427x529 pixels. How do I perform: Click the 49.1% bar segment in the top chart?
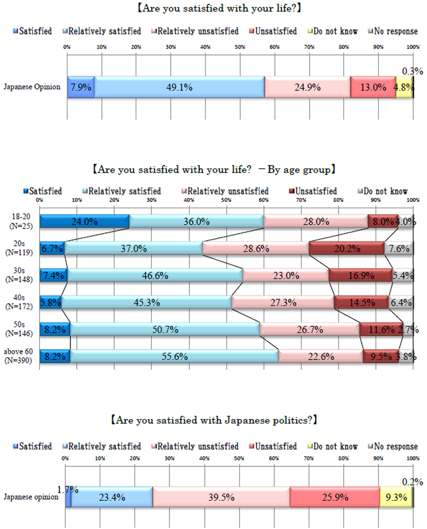179,87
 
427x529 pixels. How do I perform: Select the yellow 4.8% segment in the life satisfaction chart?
404,87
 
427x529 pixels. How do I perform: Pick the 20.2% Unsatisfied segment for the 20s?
346,248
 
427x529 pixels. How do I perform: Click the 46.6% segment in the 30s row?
155,276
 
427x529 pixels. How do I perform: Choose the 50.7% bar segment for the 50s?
165,329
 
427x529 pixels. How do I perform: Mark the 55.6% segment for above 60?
174,356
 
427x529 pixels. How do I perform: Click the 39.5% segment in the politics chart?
221,497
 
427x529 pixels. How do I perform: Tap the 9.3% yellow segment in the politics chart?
396,497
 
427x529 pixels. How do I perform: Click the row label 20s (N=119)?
19,248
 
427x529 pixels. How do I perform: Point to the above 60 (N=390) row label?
19,356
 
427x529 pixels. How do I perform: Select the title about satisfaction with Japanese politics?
213,420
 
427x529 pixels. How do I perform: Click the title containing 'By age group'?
213,168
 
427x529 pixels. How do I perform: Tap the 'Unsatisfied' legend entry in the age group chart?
316,191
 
